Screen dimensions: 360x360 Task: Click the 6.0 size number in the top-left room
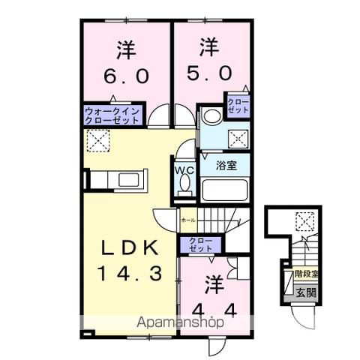(126, 76)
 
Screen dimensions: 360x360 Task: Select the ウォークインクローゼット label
(110, 115)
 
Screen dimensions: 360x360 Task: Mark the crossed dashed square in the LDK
(96, 139)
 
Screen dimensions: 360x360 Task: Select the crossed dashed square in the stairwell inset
(304, 221)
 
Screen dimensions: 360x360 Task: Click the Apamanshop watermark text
(179, 322)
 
